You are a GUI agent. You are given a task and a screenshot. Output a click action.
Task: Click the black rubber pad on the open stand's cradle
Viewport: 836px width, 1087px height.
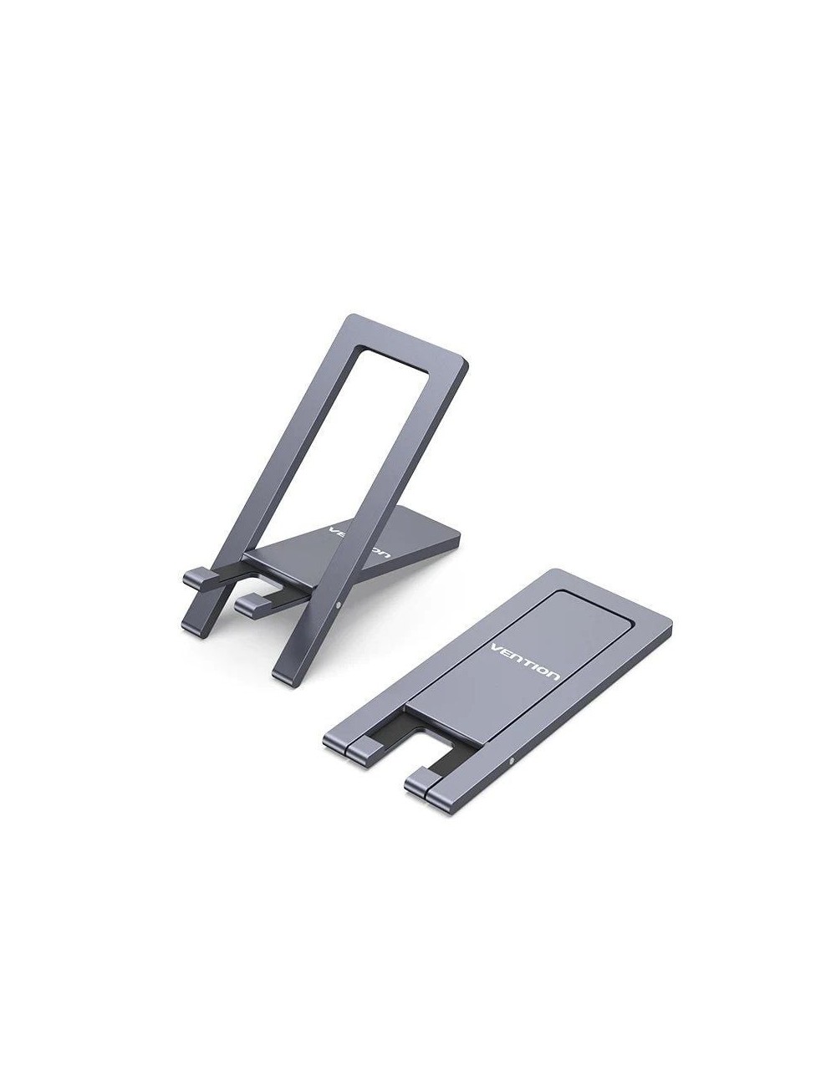pyautogui.click(x=251, y=577)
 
